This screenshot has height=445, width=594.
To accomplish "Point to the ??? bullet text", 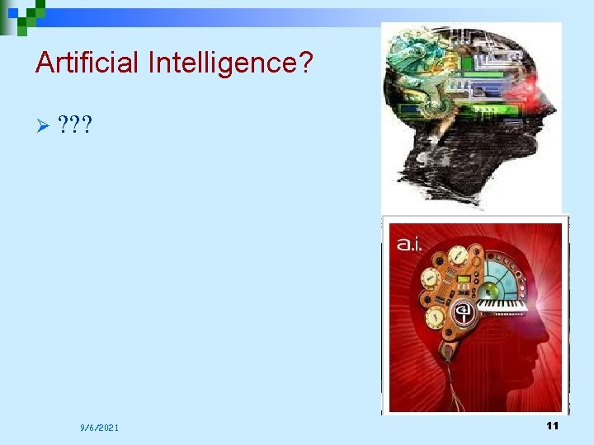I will pos(76,125).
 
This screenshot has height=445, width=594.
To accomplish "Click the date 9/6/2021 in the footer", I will pos(99,428).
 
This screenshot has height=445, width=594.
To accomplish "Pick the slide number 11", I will pos(553,425).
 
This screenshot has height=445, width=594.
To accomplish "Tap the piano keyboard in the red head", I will pos(502,305).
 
